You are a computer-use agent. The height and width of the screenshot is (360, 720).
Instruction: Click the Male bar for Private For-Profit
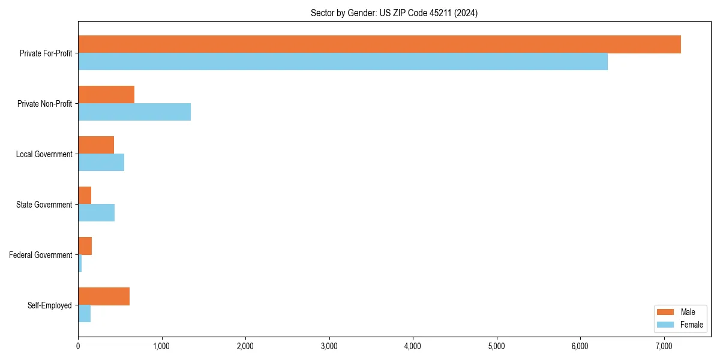379,44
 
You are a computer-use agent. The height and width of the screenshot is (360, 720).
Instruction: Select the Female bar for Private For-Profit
343,62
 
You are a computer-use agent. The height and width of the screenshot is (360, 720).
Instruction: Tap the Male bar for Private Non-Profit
106,95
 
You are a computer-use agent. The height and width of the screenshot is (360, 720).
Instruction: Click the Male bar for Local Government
96,145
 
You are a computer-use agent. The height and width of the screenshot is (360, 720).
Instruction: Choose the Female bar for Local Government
101,163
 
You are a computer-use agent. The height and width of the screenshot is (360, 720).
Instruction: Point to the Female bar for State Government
96,213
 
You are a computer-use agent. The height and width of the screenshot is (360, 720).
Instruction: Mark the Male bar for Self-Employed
104,296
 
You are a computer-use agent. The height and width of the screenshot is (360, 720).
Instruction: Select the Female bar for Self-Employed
84,314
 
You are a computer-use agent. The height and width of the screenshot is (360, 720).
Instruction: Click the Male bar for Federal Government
85,246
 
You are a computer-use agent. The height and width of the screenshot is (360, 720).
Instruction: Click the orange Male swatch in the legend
666,312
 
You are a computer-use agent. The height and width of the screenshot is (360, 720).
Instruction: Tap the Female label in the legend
691,325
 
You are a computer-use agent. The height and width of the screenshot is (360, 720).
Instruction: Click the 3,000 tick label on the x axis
329,346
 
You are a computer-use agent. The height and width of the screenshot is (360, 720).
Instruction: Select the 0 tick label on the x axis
78,346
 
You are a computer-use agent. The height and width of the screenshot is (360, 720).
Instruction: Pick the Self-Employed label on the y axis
50,305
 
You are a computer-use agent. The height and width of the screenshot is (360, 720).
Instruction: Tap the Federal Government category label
41,255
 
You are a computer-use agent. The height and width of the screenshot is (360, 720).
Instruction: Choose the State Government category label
44,205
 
